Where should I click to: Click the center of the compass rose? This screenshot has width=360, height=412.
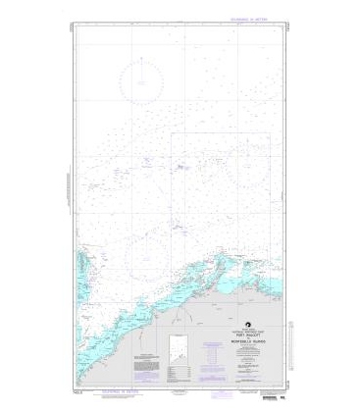pos(142,79)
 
